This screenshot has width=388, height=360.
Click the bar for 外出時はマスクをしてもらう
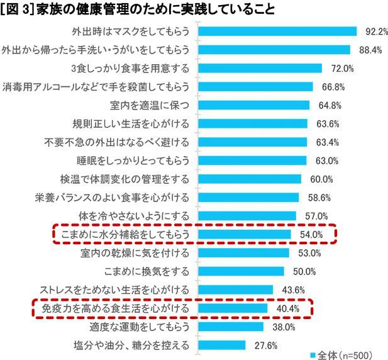click(277, 31)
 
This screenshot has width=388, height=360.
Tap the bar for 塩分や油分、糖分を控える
click(222, 345)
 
